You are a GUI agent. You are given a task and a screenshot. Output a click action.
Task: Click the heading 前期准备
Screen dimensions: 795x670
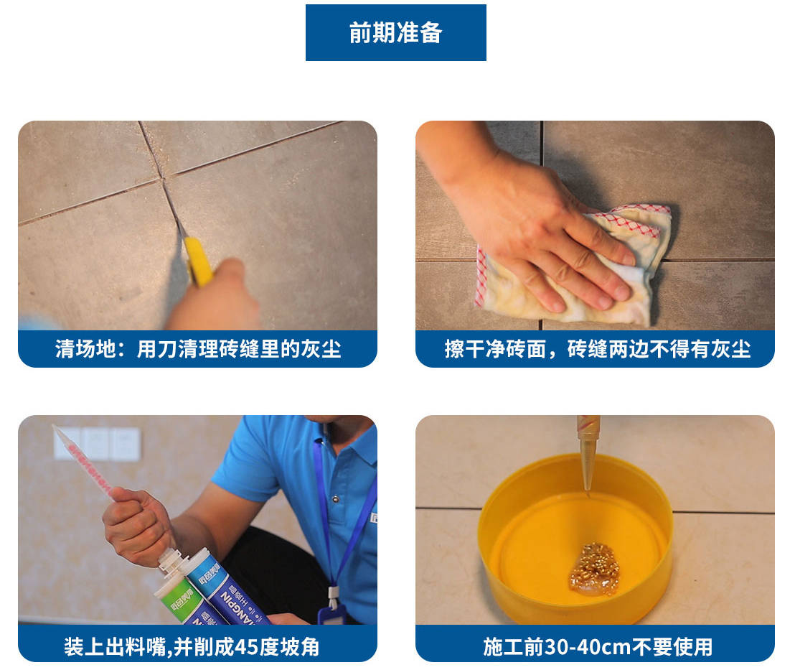pos(395,33)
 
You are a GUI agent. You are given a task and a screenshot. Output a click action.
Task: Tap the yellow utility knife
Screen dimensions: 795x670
pos(198,261)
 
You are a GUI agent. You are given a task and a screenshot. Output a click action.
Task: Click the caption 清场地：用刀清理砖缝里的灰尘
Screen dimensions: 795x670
pos(198,349)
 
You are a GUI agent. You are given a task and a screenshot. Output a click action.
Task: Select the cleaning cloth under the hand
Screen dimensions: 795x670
pos(573,266)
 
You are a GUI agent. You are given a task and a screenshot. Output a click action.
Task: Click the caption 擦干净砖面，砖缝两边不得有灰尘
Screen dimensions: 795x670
pos(597,349)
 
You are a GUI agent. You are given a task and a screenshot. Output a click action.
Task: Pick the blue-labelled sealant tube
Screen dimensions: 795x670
pos(228,589)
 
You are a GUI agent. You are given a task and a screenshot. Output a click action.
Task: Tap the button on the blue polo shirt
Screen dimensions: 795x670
pos(335,499)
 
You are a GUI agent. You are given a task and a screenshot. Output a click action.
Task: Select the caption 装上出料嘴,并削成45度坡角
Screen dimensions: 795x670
pos(192,647)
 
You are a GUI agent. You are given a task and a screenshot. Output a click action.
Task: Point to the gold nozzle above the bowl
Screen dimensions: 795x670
pos(588,452)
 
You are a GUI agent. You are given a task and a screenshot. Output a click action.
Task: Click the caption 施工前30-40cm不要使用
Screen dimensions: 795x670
pos(597,647)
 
